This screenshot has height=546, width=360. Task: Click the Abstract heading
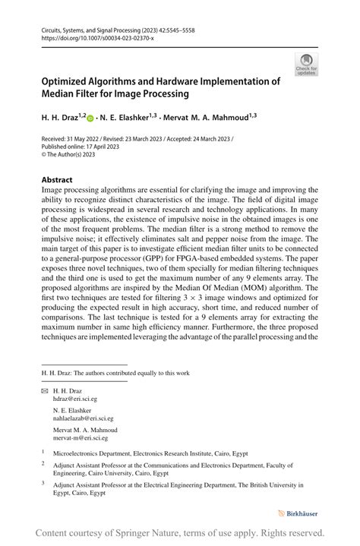point(57,181)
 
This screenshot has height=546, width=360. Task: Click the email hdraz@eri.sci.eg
point(75,399)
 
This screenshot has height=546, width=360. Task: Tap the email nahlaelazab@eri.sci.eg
point(84,418)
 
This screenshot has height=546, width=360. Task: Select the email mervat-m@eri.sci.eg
point(81,438)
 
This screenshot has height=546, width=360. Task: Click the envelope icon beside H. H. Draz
point(44,390)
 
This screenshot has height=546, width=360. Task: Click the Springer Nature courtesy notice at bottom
point(180,533)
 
